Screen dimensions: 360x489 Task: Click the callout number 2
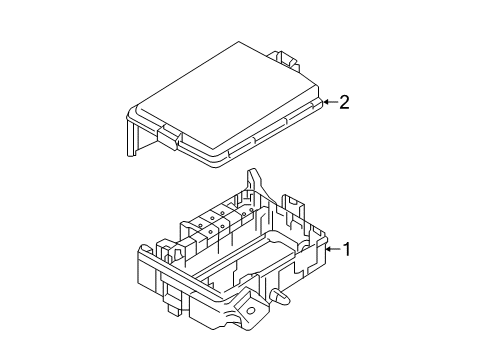coord(344,101)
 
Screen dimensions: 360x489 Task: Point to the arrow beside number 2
coord(331,101)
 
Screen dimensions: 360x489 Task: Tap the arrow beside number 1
coord(333,248)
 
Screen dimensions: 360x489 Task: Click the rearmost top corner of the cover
coord(239,42)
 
